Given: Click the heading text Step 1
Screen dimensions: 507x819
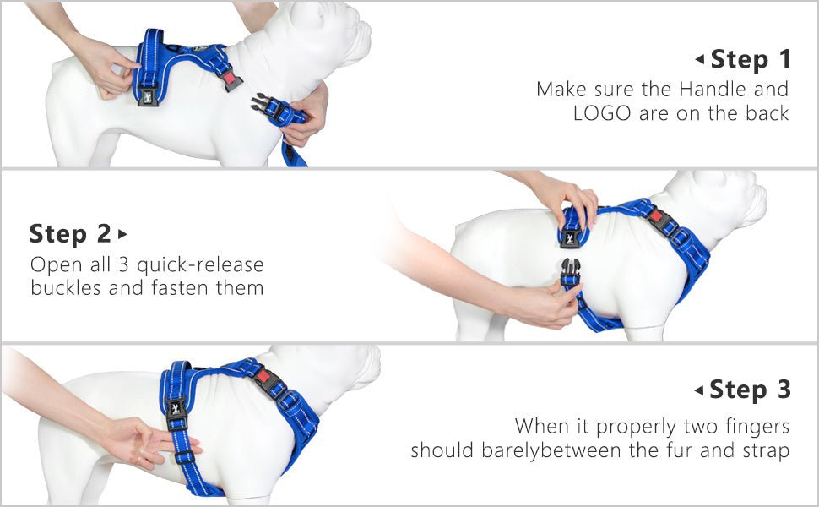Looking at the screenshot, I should (x=751, y=59).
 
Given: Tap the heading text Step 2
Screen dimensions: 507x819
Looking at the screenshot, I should (x=71, y=233).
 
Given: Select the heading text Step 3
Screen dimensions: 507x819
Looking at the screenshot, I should (x=750, y=390).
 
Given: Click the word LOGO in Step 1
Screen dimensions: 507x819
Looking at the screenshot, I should (x=601, y=113).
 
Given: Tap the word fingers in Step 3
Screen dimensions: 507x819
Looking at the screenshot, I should (x=753, y=425).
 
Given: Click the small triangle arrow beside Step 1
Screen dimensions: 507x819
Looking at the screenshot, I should (x=699, y=59).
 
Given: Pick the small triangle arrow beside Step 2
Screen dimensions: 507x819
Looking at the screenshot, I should (x=123, y=233).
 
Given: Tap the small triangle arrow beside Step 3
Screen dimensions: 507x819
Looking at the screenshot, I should (x=698, y=390).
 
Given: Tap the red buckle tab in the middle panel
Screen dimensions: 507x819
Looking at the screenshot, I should (x=656, y=215).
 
